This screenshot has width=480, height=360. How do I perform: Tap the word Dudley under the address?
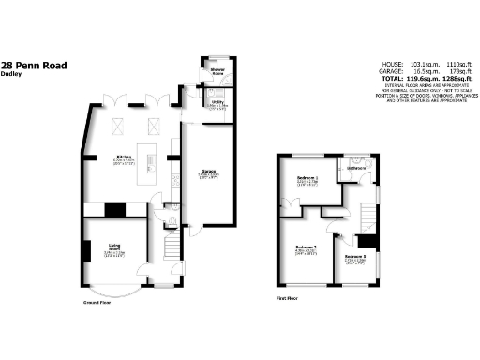pos(12,76)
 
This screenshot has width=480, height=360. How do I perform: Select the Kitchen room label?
pos(122,157)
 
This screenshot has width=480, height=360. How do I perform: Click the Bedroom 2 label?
pos(301,247)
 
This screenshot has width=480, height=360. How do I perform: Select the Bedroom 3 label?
pos(353,255)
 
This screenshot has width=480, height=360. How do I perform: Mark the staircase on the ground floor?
pos(172,248)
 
